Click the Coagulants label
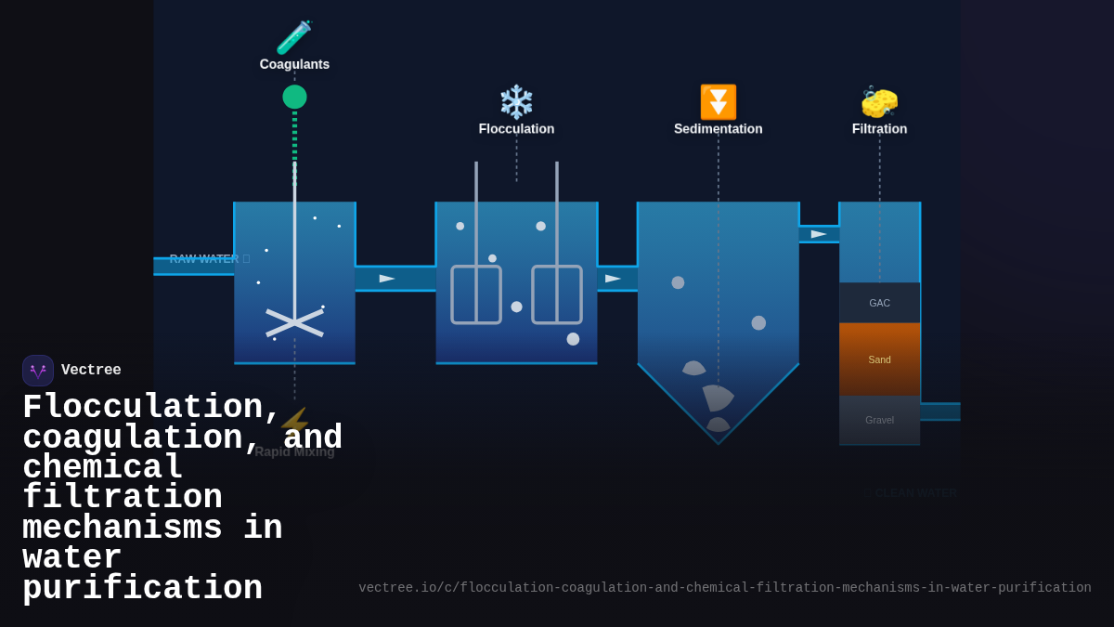pyautogui.click(x=294, y=64)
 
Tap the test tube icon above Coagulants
pyautogui.click(x=293, y=38)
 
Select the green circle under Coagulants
pyautogui.click(x=294, y=97)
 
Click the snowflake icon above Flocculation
pyautogui.click(x=516, y=102)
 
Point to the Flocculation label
pyautogui.click(x=516, y=129)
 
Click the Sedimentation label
pyautogui.click(x=718, y=129)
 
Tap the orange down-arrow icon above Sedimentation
pyautogui.click(x=718, y=102)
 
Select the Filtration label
pyautogui.click(x=879, y=129)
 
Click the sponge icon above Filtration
pyautogui.click(x=879, y=102)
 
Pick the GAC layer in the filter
pyautogui.click(x=879, y=303)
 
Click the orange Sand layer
pyautogui.click(x=879, y=359)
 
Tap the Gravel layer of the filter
pyautogui.click(x=879, y=420)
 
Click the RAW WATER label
pyautogui.click(x=204, y=259)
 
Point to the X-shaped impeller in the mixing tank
pyautogui.click(x=294, y=322)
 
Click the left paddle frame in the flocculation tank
pyautogui.click(x=476, y=294)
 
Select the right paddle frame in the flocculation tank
pyautogui.click(x=557, y=294)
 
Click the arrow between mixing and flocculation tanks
pyautogui.click(x=387, y=279)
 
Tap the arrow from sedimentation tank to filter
pyautogui.click(x=818, y=234)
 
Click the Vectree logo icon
pyautogui.click(x=38, y=371)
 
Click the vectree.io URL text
pyautogui.click(x=724, y=588)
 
